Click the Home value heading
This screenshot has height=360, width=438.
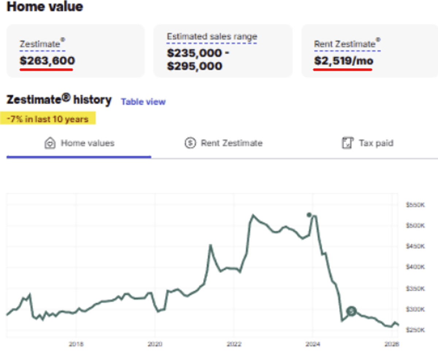point(45,7)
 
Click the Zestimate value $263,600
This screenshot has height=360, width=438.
point(47,61)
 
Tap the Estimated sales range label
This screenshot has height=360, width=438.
point(212,37)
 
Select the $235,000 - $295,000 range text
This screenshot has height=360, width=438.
point(199,60)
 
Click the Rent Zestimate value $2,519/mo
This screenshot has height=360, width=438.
point(343,61)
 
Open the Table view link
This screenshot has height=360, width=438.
point(143,102)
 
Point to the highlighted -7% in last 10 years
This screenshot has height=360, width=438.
point(48,119)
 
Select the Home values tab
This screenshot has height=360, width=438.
point(87,143)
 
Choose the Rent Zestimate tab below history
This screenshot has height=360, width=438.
point(231,143)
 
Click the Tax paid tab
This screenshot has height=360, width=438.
point(376,143)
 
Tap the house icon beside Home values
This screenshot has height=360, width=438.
point(50,143)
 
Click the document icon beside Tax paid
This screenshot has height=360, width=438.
point(347,143)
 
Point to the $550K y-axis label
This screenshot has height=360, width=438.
point(415,205)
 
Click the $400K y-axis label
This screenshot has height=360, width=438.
point(415,268)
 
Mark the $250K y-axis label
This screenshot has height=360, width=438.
point(415,330)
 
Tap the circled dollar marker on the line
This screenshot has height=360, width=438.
point(351,311)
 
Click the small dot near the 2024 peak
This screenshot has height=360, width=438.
point(309,215)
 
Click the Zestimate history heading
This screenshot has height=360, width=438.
point(59,100)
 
